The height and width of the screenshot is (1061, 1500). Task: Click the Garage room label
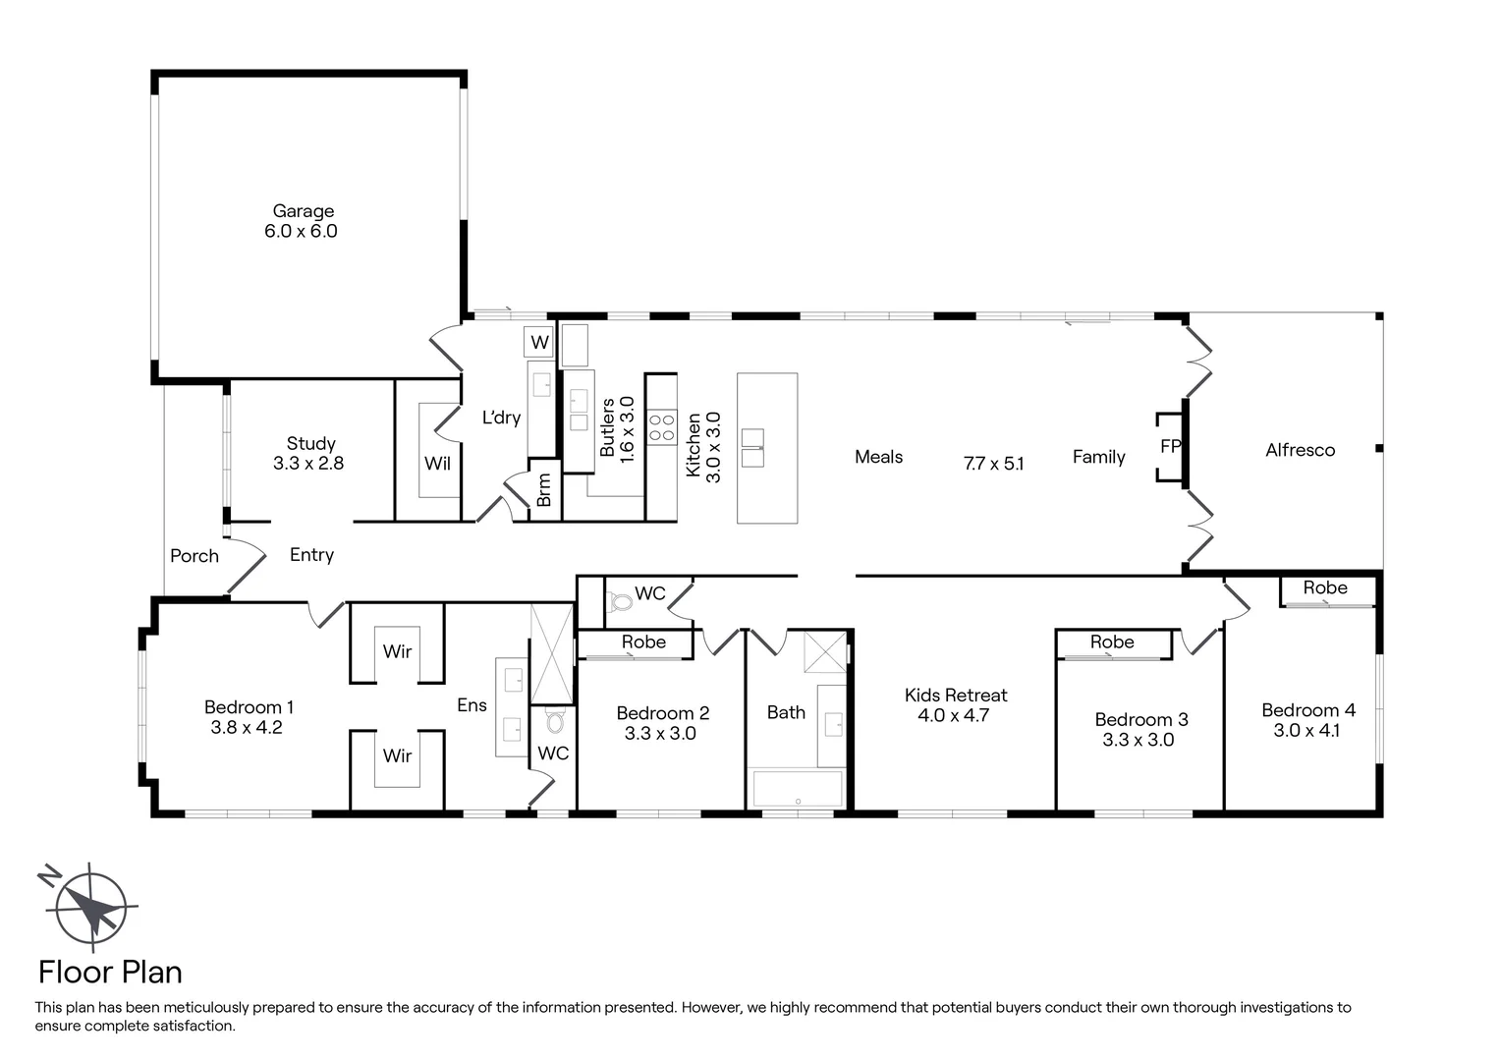coord(303,211)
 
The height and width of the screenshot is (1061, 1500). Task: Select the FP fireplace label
coord(1170,447)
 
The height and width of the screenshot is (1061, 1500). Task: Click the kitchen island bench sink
coord(752,448)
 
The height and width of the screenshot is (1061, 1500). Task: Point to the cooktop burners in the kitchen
coord(661,425)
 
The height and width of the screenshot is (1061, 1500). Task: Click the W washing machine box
coord(539,342)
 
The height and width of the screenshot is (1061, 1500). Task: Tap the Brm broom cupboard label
coord(544,490)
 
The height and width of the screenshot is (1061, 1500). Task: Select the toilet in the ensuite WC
coord(555,722)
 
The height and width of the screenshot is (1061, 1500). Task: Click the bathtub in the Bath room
coord(797,788)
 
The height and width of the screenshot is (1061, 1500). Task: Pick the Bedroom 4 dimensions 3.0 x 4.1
coord(1306,731)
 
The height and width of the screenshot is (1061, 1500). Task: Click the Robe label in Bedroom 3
coord(1111,642)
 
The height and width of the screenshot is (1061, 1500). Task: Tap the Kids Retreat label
coord(955,696)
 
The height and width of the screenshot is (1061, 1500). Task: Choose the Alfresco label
coord(1300,451)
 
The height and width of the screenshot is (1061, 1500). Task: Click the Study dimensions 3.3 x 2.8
coord(308,464)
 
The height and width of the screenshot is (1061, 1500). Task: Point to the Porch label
coord(194,556)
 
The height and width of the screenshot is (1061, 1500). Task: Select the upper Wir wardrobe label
coord(397,651)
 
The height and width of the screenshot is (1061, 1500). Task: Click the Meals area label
coord(878,457)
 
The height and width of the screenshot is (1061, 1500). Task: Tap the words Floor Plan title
coord(110,973)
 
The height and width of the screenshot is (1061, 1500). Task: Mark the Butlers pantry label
coord(607,427)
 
